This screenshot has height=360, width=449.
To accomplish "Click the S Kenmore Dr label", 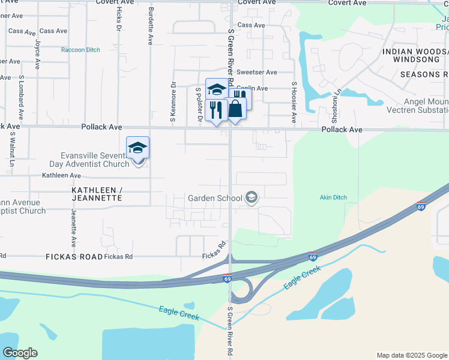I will (x=173, y=103).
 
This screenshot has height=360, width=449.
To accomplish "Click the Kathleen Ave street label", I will (x=61, y=176).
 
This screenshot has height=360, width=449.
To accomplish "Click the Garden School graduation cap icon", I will (x=252, y=197).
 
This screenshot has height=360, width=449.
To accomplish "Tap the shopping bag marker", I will (x=236, y=109).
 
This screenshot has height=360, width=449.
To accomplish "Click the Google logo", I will (x=19, y=353).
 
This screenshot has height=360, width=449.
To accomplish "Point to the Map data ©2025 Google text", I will (x=411, y=355).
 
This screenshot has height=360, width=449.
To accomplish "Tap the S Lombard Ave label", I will (x=20, y=96).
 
